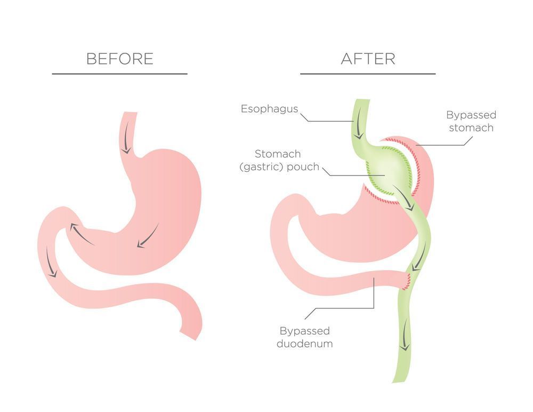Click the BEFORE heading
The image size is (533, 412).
pos(119,59)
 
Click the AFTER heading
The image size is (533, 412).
pos(368,59)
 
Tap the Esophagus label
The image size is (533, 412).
pos(269,109)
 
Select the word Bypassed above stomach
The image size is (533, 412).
pos(471,115)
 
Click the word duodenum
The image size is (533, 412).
pos(304,343)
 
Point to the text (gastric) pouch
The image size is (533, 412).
pos(279,167)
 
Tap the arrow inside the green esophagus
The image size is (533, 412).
pos(358,129)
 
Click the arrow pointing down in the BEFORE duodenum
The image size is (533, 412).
pos(51,262)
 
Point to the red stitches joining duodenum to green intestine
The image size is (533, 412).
pos(407,281)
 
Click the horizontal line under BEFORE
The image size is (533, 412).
pos(119,74)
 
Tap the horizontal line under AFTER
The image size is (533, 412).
pos(368,74)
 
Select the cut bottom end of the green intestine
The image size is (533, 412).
pos(399,381)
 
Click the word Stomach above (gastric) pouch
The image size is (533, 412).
pos(278,154)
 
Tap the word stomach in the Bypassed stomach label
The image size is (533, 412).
pos(471,128)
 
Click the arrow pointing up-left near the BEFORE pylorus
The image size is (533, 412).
pos(82,234)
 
